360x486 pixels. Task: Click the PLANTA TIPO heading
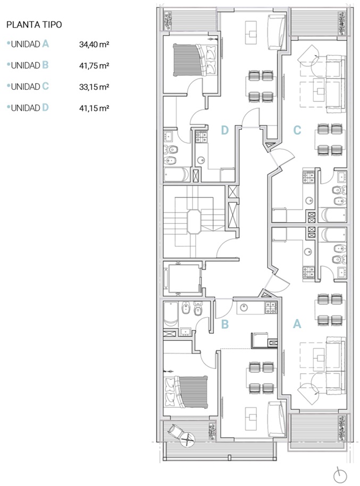pos(34,24)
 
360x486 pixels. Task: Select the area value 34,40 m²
pos(94,44)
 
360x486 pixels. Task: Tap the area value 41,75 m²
pos(94,66)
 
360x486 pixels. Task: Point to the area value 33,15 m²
pos(94,87)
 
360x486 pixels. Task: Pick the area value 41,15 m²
pos(94,108)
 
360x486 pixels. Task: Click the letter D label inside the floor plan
pos(225,130)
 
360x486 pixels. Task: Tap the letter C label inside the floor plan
pos(297,130)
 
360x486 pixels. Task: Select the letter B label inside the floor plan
pos(225,324)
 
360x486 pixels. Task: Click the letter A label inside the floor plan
pos(297,324)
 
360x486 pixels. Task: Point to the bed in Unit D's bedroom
pos(195,60)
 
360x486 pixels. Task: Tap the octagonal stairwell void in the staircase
pos(194,222)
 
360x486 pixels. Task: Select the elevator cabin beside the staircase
pos(184,278)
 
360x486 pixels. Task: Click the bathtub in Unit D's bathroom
pos(176,174)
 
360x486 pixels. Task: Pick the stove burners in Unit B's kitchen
pos(271,308)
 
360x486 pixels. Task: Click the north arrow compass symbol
pos(340,475)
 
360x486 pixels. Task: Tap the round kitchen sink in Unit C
pos(309,200)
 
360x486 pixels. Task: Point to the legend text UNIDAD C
pos(30,87)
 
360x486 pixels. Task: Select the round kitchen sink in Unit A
pos(308,252)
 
